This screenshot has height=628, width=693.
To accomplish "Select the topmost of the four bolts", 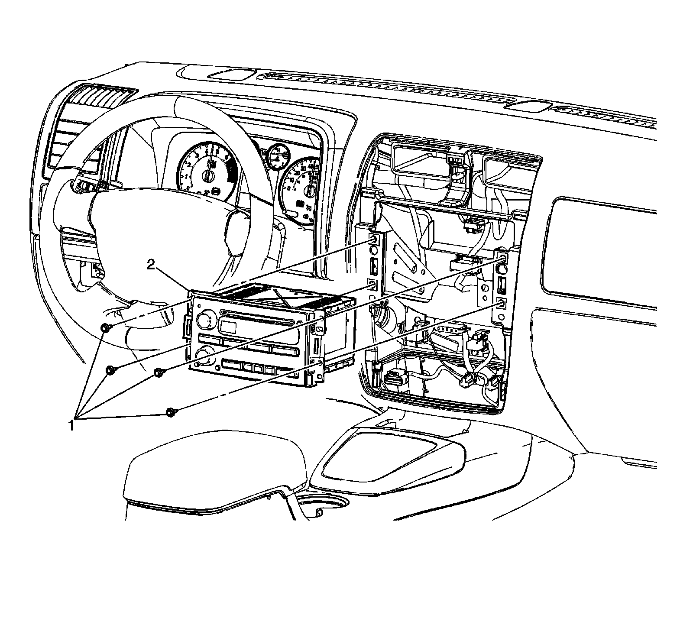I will pyautogui.click(x=105, y=328).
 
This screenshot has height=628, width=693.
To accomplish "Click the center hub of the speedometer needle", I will pyautogui.click(x=309, y=191).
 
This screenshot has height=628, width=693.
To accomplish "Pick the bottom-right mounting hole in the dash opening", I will pyautogui.click(x=502, y=303).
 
